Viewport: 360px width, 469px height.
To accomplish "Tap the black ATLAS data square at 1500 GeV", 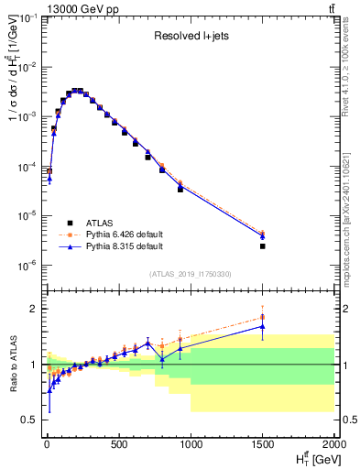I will click(263, 246).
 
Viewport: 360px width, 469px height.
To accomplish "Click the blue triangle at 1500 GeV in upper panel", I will click(263, 236).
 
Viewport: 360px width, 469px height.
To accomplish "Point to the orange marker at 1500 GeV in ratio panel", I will click(263, 317).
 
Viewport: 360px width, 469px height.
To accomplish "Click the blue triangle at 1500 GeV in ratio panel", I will click(263, 326).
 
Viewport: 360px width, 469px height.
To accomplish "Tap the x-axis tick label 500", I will click(118, 446).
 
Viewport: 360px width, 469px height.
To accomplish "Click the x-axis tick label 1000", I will click(191, 446).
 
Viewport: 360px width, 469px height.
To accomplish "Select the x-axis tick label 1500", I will click(263, 446).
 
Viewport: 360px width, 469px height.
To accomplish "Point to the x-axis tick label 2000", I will click(333, 446).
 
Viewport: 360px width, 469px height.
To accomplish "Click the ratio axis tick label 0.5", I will click(28, 420).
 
